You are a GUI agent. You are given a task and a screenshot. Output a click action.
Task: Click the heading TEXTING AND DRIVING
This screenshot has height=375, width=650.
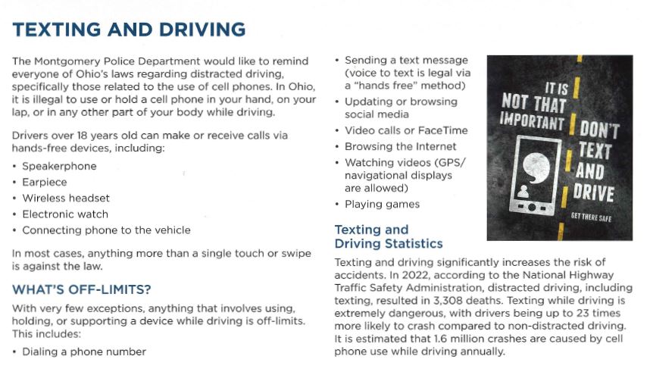click(130, 30)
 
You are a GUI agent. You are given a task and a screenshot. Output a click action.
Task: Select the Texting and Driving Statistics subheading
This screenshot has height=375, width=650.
click(389, 236)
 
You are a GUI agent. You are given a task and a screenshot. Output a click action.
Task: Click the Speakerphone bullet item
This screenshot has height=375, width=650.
click(59, 166)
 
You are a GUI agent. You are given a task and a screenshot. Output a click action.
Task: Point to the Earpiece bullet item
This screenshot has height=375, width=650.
click(45, 182)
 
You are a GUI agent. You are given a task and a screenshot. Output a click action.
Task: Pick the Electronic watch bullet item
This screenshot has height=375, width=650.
click(65, 214)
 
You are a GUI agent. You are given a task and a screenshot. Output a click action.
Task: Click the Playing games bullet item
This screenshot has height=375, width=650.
click(382, 204)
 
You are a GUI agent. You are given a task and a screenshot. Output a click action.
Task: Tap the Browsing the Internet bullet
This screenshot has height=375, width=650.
click(400, 146)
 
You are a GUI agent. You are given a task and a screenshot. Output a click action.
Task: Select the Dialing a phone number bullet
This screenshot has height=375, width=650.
click(84, 352)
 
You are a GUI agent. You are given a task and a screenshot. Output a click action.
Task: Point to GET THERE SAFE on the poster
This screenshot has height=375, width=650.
click(597, 217)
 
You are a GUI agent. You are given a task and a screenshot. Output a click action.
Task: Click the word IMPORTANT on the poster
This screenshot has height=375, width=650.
click(533, 120)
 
